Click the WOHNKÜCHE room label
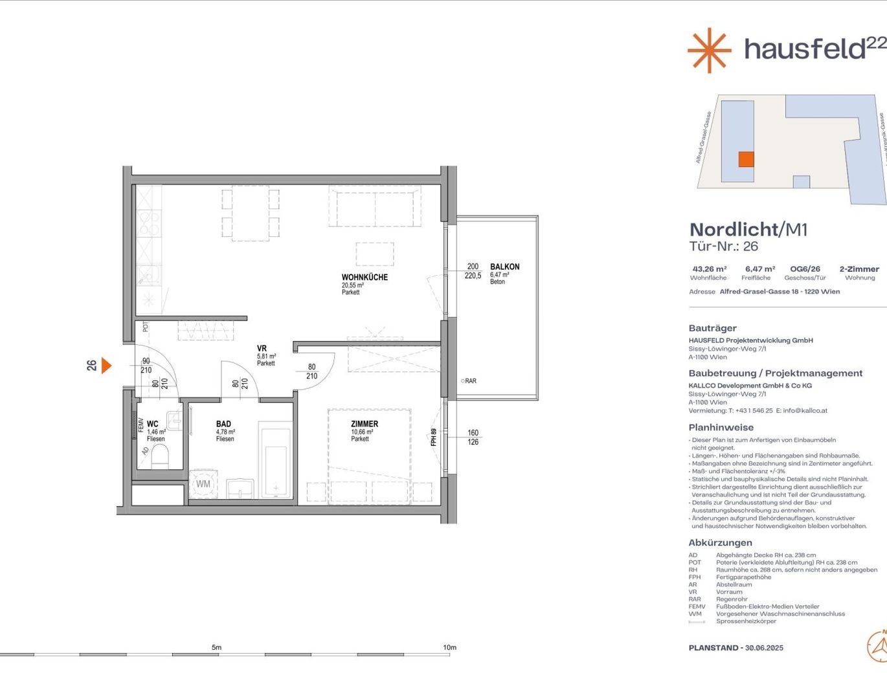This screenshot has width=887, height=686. point(365,277)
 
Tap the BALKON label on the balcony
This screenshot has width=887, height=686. point(504,267)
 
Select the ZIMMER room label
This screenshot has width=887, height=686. point(365,424)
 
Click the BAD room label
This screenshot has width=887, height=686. point(223,424)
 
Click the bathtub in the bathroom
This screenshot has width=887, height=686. point(276,462)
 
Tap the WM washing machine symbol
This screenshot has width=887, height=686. point(203,484)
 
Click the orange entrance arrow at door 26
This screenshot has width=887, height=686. point(106,366)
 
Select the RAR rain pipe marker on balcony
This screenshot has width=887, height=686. point(469,381)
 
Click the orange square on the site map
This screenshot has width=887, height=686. point(746,159)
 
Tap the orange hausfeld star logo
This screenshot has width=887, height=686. point(709,50)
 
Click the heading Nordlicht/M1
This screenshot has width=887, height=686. point(748,230)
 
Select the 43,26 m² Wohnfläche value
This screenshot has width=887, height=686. point(709,269)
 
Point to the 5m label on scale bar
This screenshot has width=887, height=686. point(216,647)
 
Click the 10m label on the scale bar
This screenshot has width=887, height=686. point(449,647)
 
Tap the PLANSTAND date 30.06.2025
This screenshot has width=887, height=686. point(764,648)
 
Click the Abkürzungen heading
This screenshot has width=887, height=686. point(720,543)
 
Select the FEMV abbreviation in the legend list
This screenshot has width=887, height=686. point(697,606)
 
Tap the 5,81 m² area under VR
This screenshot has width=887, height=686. point(266,357)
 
